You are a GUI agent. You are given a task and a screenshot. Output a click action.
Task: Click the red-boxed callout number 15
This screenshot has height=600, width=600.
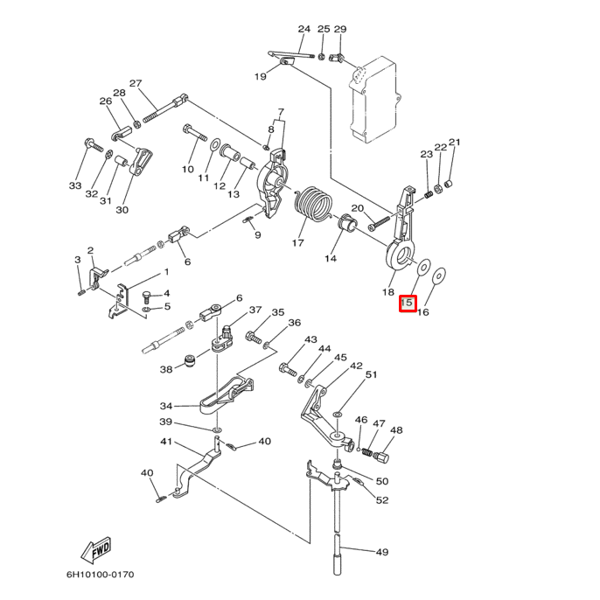pos(407,303)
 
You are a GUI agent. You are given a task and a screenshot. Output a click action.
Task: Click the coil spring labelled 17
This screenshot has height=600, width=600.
pos(312,206)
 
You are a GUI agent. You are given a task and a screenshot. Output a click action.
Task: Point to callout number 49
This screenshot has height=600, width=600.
pos(381,552)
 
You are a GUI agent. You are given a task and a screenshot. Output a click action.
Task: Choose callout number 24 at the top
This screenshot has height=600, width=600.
pos(303,29)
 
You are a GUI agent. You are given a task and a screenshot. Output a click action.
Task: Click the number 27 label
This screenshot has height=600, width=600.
pos(136,83)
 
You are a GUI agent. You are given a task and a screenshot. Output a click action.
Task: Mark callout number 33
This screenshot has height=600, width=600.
pos(75,185)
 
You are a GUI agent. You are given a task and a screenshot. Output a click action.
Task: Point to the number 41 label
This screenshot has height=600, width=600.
pos(165,442)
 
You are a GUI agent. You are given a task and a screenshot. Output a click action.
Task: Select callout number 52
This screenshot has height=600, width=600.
pos(382,500)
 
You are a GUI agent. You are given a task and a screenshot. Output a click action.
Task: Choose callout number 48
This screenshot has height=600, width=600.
pos(396,430)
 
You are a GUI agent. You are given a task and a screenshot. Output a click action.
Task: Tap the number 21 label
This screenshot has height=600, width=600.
pos(454,143)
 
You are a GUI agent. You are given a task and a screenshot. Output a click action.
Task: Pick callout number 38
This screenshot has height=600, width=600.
pos(166,370)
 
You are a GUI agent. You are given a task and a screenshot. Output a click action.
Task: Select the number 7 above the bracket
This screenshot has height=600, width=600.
pos(281,112)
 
